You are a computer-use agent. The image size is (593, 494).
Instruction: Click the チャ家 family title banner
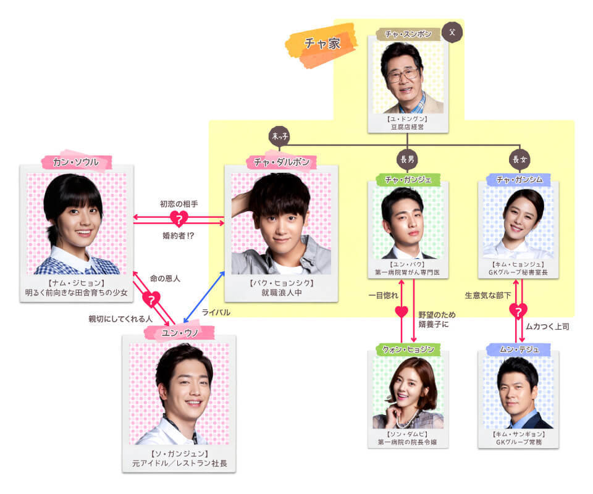[x=321, y=44]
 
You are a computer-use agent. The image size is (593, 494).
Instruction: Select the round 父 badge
[x=452, y=32]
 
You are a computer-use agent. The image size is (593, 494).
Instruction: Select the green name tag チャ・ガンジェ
[x=408, y=180]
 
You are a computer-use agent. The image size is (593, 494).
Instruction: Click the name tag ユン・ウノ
[x=180, y=333]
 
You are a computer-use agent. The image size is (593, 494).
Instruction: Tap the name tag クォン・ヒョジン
[x=407, y=350]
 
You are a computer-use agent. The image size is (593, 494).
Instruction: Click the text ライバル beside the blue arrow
[x=216, y=313]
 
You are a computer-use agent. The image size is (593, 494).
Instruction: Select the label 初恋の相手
[x=179, y=203]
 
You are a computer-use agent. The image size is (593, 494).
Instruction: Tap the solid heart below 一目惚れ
[x=402, y=310]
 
